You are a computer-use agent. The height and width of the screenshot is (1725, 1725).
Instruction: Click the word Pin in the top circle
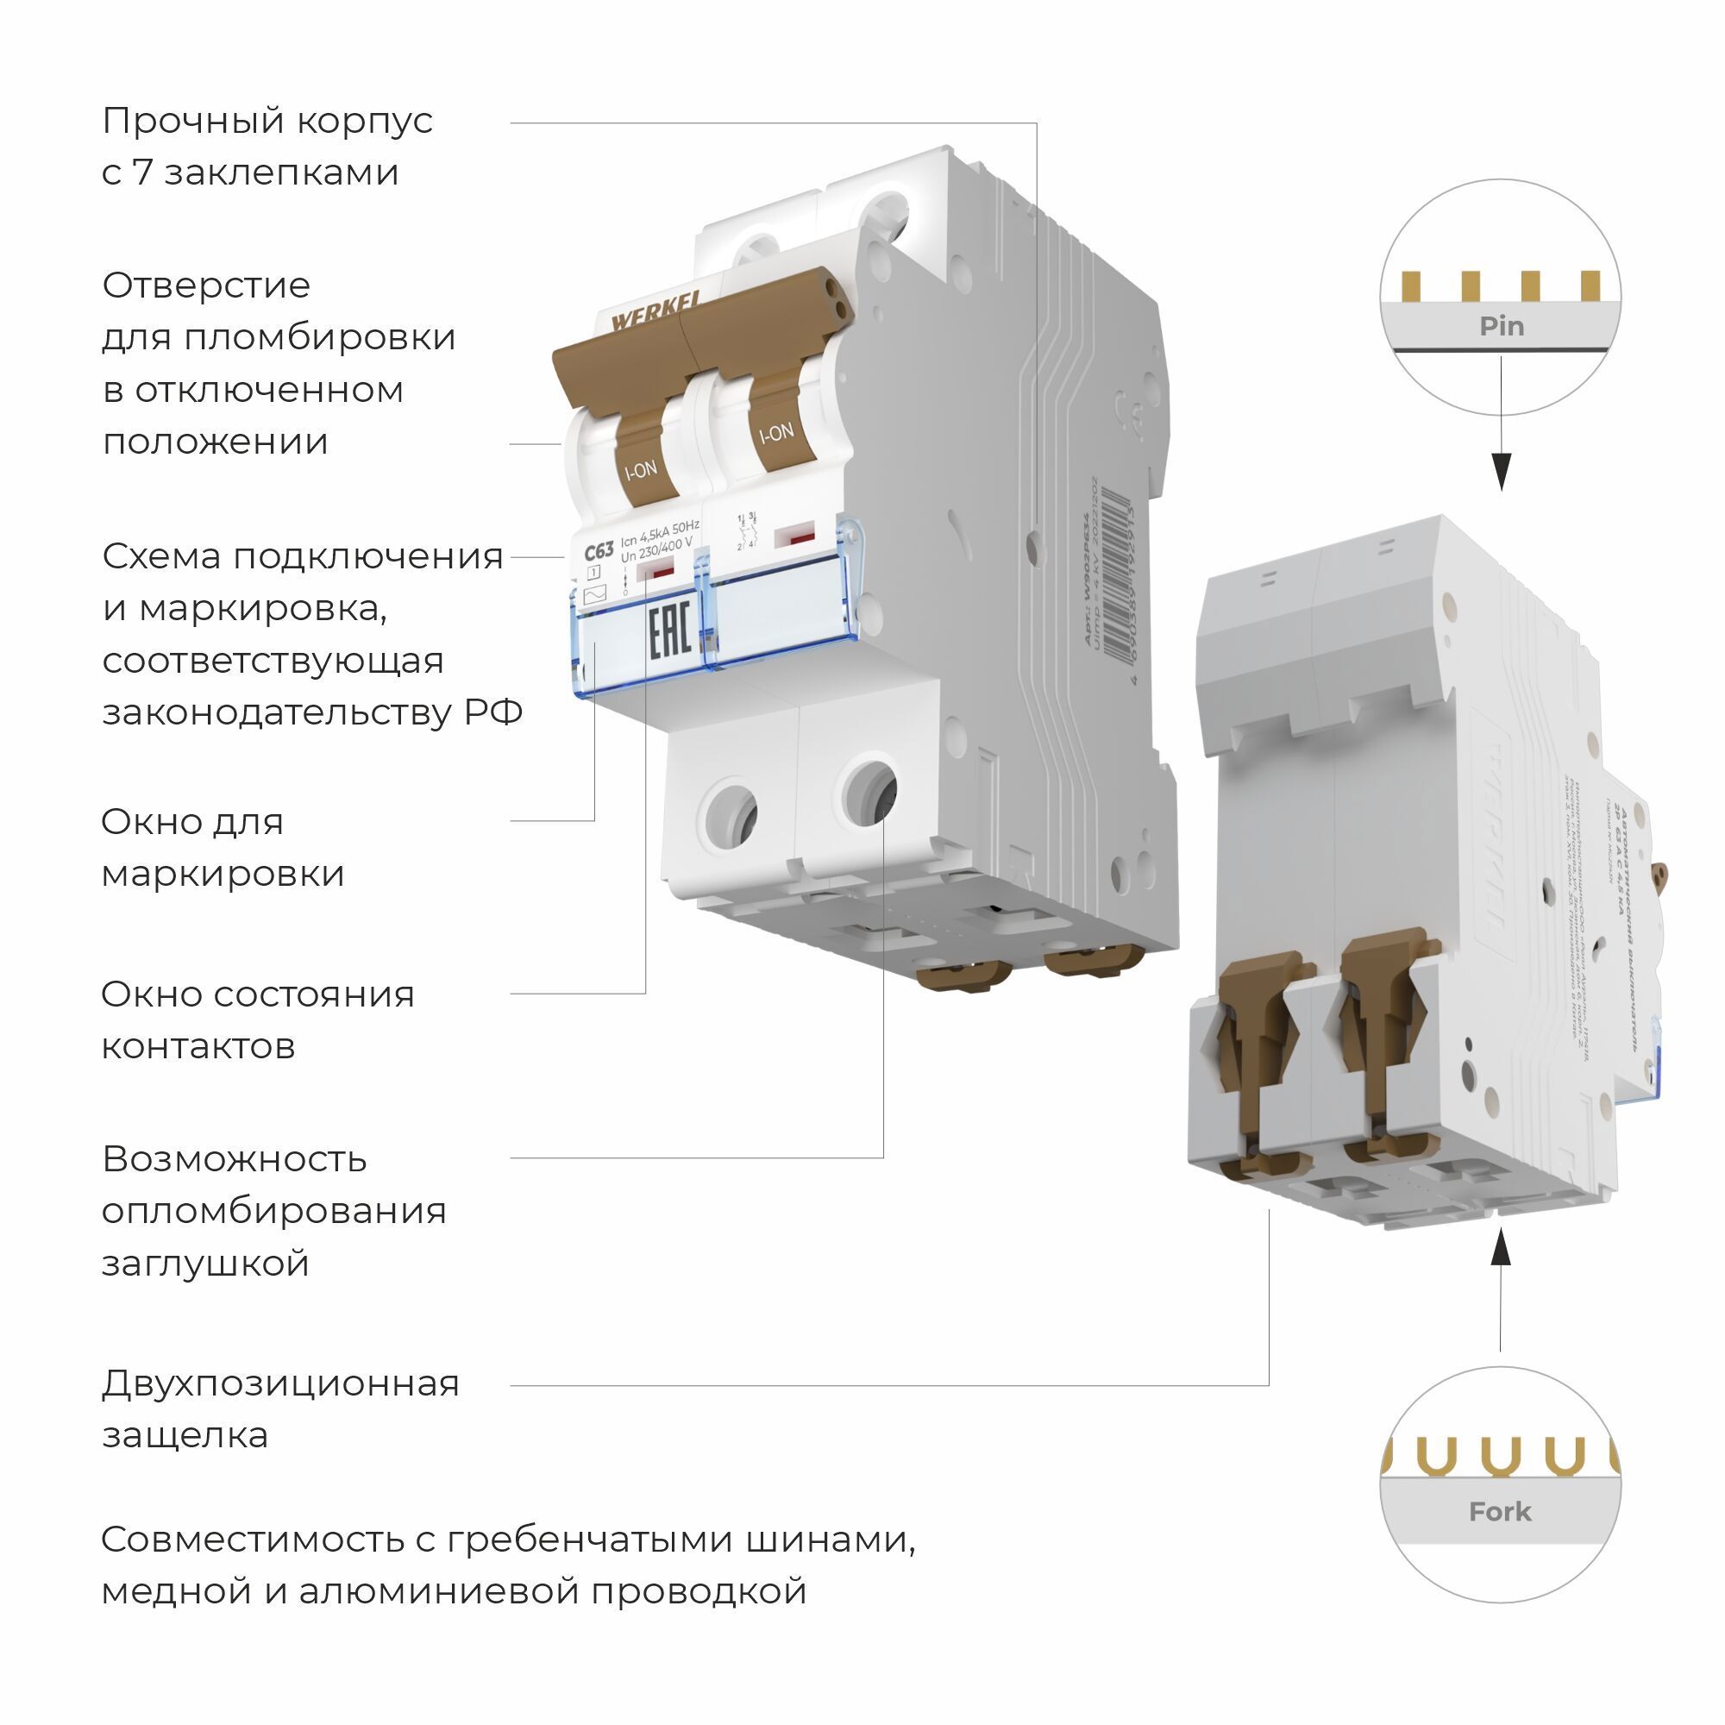[1501, 326]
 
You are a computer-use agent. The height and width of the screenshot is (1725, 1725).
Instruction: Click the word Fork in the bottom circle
[1500, 1512]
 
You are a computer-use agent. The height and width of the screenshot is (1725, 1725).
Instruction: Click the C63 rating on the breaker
[599, 553]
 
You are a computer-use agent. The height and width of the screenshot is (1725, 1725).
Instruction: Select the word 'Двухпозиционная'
[280, 1383]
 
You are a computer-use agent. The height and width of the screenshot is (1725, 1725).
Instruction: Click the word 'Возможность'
[234, 1159]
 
